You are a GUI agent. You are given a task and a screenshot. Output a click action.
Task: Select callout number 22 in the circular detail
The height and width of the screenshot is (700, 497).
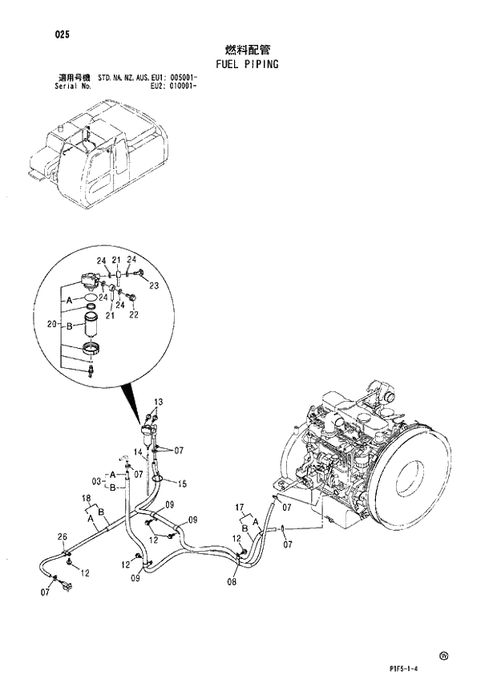(x=134, y=315)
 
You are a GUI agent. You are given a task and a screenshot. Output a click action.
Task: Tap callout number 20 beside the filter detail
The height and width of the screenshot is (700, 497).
(x=52, y=324)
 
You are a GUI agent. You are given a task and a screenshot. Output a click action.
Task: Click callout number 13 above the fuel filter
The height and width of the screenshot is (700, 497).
(x=158, y=401)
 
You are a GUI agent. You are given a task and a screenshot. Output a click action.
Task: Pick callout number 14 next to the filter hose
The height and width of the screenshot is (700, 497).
(x=138, y=453)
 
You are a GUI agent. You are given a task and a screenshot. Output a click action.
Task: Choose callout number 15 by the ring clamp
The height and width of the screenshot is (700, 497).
(x=182, y=484)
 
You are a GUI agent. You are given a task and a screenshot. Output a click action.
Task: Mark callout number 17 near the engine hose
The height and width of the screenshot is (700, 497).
(x=240, y=507)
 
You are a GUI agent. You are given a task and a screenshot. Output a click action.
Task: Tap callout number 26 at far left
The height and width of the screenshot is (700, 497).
(x=63, y=536)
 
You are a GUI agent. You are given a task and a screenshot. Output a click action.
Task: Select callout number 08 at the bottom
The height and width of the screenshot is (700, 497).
(x=231, y=582)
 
